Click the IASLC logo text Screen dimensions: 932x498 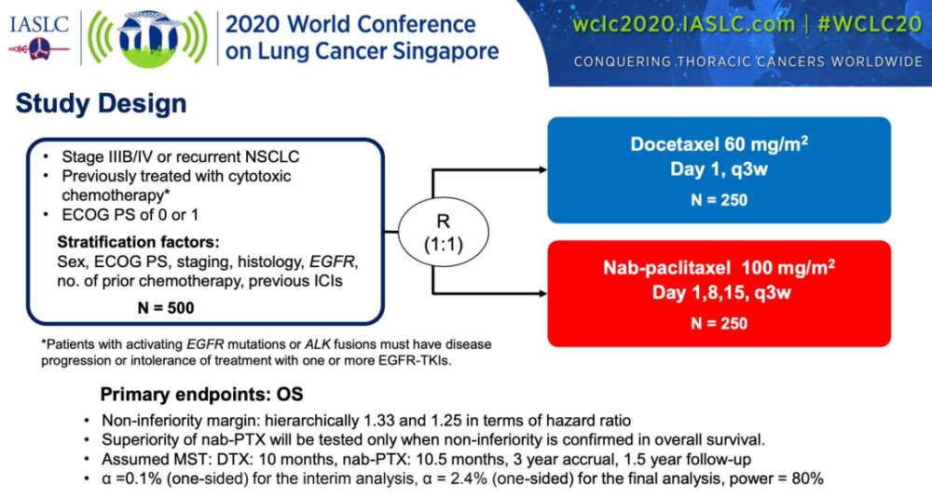(38, 25)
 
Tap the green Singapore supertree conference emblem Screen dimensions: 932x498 (148, 38)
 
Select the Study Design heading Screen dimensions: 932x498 (101, 103)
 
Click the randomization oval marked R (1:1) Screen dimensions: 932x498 (444, 232)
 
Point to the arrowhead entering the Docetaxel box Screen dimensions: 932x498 (542, 169)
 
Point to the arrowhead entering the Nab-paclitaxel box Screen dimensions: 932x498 (542, 293)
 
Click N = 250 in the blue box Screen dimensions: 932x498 (720, 200)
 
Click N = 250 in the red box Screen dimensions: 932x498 (720, 324)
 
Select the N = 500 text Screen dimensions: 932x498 (166, 307)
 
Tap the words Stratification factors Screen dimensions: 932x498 (139, 242)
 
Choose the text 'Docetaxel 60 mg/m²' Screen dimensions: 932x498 (720, 144)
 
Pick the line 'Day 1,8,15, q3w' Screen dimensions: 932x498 (721, 292)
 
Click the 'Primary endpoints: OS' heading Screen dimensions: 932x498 (201, 394)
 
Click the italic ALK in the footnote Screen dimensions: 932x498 (318, 344)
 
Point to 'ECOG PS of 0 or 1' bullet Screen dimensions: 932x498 (130, 215)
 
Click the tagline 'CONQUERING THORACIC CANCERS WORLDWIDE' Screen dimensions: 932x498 (747, 61)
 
